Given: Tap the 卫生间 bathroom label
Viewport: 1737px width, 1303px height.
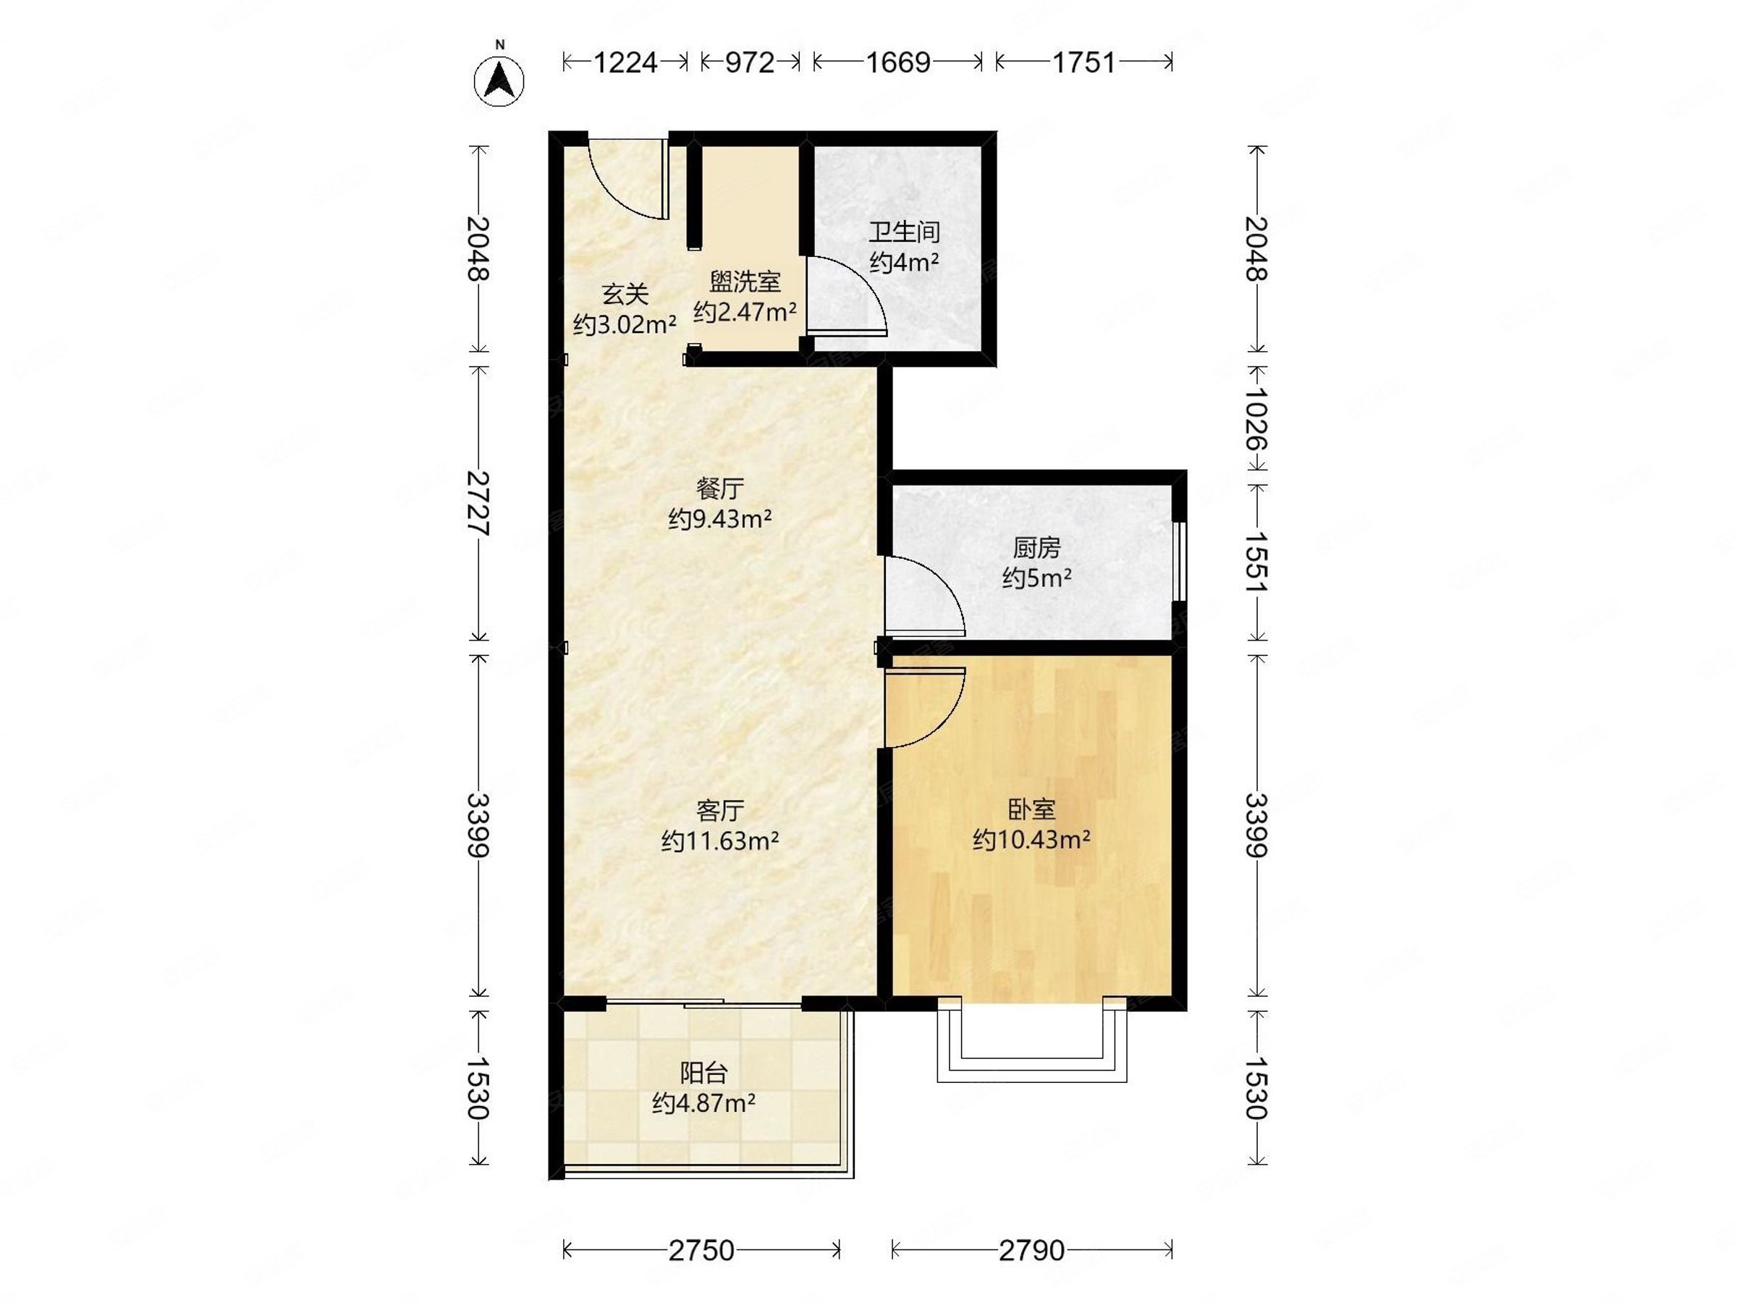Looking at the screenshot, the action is coord(904,232).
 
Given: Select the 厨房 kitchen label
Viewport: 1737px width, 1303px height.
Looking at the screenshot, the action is coord(1036,547).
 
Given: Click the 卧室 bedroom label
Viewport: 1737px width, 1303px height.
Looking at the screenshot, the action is coord(1031,809).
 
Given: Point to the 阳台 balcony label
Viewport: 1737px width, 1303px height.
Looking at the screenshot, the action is coord(703,1072).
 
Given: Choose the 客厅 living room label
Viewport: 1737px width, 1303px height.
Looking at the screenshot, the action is coord(720,810).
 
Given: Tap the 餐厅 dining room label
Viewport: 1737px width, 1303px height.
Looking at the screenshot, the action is coord(719,489).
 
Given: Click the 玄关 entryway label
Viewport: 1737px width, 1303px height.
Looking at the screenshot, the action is coord(625,295).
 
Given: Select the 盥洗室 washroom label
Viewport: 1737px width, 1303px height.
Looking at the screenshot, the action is coord(745,281).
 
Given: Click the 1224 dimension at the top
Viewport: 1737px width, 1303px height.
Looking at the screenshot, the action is coord(625,62).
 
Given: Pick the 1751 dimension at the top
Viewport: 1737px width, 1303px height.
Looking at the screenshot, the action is coord(1083,62).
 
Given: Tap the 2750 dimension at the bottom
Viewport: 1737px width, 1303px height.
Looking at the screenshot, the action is coord(701,1250).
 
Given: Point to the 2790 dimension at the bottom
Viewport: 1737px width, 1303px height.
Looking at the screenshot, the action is coord(1032,1250).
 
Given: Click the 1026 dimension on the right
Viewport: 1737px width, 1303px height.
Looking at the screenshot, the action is coord(1256,418).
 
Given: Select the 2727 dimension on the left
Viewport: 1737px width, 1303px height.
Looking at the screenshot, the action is coord(478,502).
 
